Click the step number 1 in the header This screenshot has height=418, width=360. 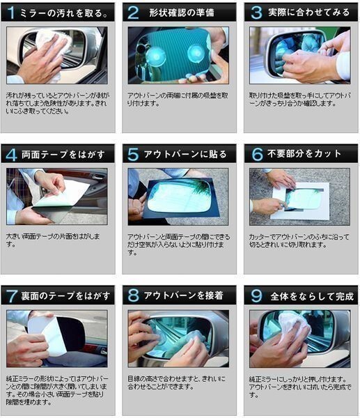tap(12, 13)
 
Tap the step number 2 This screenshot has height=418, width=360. tap(133, 13)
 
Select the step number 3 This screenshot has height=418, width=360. tap(255, 13)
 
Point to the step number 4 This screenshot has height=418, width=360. tap(12, 155)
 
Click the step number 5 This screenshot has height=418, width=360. tap(133, 155)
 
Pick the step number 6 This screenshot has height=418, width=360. tap(255, 155)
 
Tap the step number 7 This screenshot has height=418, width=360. tap(12, 296)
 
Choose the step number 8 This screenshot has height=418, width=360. tap(133, 296)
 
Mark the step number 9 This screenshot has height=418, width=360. tap(255, 296)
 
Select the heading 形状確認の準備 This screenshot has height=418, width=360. tap(181, 13)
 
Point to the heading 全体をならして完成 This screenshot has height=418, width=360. tap(306, 296)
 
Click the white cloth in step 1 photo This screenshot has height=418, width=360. tap(54, 45)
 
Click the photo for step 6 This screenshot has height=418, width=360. tap(299, 196)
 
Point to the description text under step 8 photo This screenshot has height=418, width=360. tap(177, 382)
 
